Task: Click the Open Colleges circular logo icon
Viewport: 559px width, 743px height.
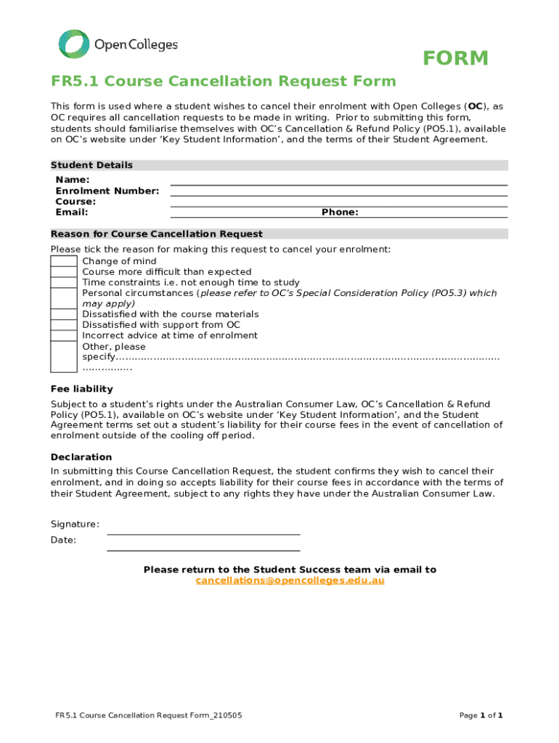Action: (73, 44)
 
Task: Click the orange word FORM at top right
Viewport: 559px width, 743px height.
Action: (456, 59)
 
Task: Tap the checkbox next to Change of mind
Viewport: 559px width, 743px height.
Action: (64, 261)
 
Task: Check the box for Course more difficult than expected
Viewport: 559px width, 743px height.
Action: (64, 272)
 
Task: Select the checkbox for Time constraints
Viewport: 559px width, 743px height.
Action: (64, 282)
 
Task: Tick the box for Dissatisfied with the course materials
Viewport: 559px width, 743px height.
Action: (64, 314)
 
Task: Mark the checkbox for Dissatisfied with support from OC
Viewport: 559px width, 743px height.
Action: (64, 325)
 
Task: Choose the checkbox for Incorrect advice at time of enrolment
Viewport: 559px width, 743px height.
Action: (64, 335)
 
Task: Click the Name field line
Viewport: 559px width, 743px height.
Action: (338, 181)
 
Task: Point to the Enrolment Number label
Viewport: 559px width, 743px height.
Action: (107, 191)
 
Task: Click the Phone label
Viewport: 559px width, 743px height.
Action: (340, 213)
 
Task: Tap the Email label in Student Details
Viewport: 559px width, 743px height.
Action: (72, 213)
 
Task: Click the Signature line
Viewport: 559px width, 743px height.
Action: (203, 530)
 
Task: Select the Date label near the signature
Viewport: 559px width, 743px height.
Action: (63, 540)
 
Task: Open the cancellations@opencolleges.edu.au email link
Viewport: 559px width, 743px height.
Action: (290, 580)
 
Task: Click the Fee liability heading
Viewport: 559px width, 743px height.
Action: (81, 388)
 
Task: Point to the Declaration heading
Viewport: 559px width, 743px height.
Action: (81, 457)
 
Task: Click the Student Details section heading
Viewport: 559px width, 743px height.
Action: (91, 165)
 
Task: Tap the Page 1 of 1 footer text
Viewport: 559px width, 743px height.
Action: (481, 715)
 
